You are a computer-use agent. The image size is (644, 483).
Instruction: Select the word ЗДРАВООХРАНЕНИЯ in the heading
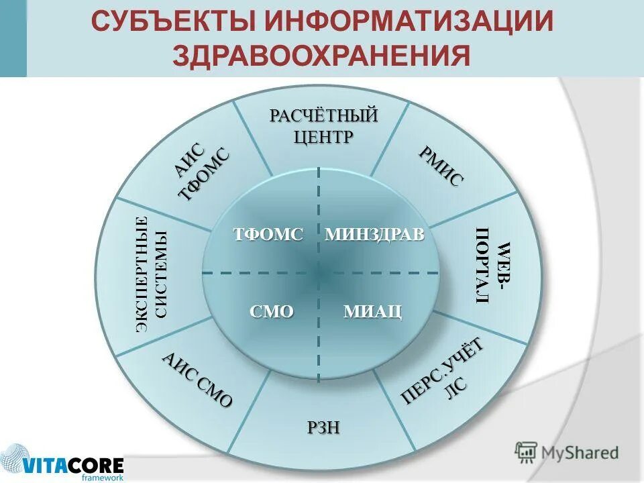pyautogui.click(x=321, y=56)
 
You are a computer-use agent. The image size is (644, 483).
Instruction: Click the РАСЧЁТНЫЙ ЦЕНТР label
pyautogui.click(x=323, y=125)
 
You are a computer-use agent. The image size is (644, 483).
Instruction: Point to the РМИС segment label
pyautogui.click(x=441, y=166)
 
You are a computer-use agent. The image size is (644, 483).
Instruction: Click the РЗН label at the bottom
pyautogui.click(x=323, y=427)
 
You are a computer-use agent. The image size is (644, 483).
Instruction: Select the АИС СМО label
pyautogui.click(x=197, y=379)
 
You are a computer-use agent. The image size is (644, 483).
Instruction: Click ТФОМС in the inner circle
pyautogui.click(x=268, y=235)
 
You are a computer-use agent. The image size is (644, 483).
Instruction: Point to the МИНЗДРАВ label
pyautogui.click(x=374, y=235)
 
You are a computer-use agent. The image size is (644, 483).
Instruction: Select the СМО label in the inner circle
pyautogui.click(x=272, y=311)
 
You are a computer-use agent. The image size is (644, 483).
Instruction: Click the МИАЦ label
pyautogui.click(x=372, y=311)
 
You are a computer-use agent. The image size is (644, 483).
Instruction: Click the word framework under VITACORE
pyautogui.click(x=102, y=478)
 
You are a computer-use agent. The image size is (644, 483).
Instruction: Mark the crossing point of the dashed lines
pyautogui.click(x=319, y=272)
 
